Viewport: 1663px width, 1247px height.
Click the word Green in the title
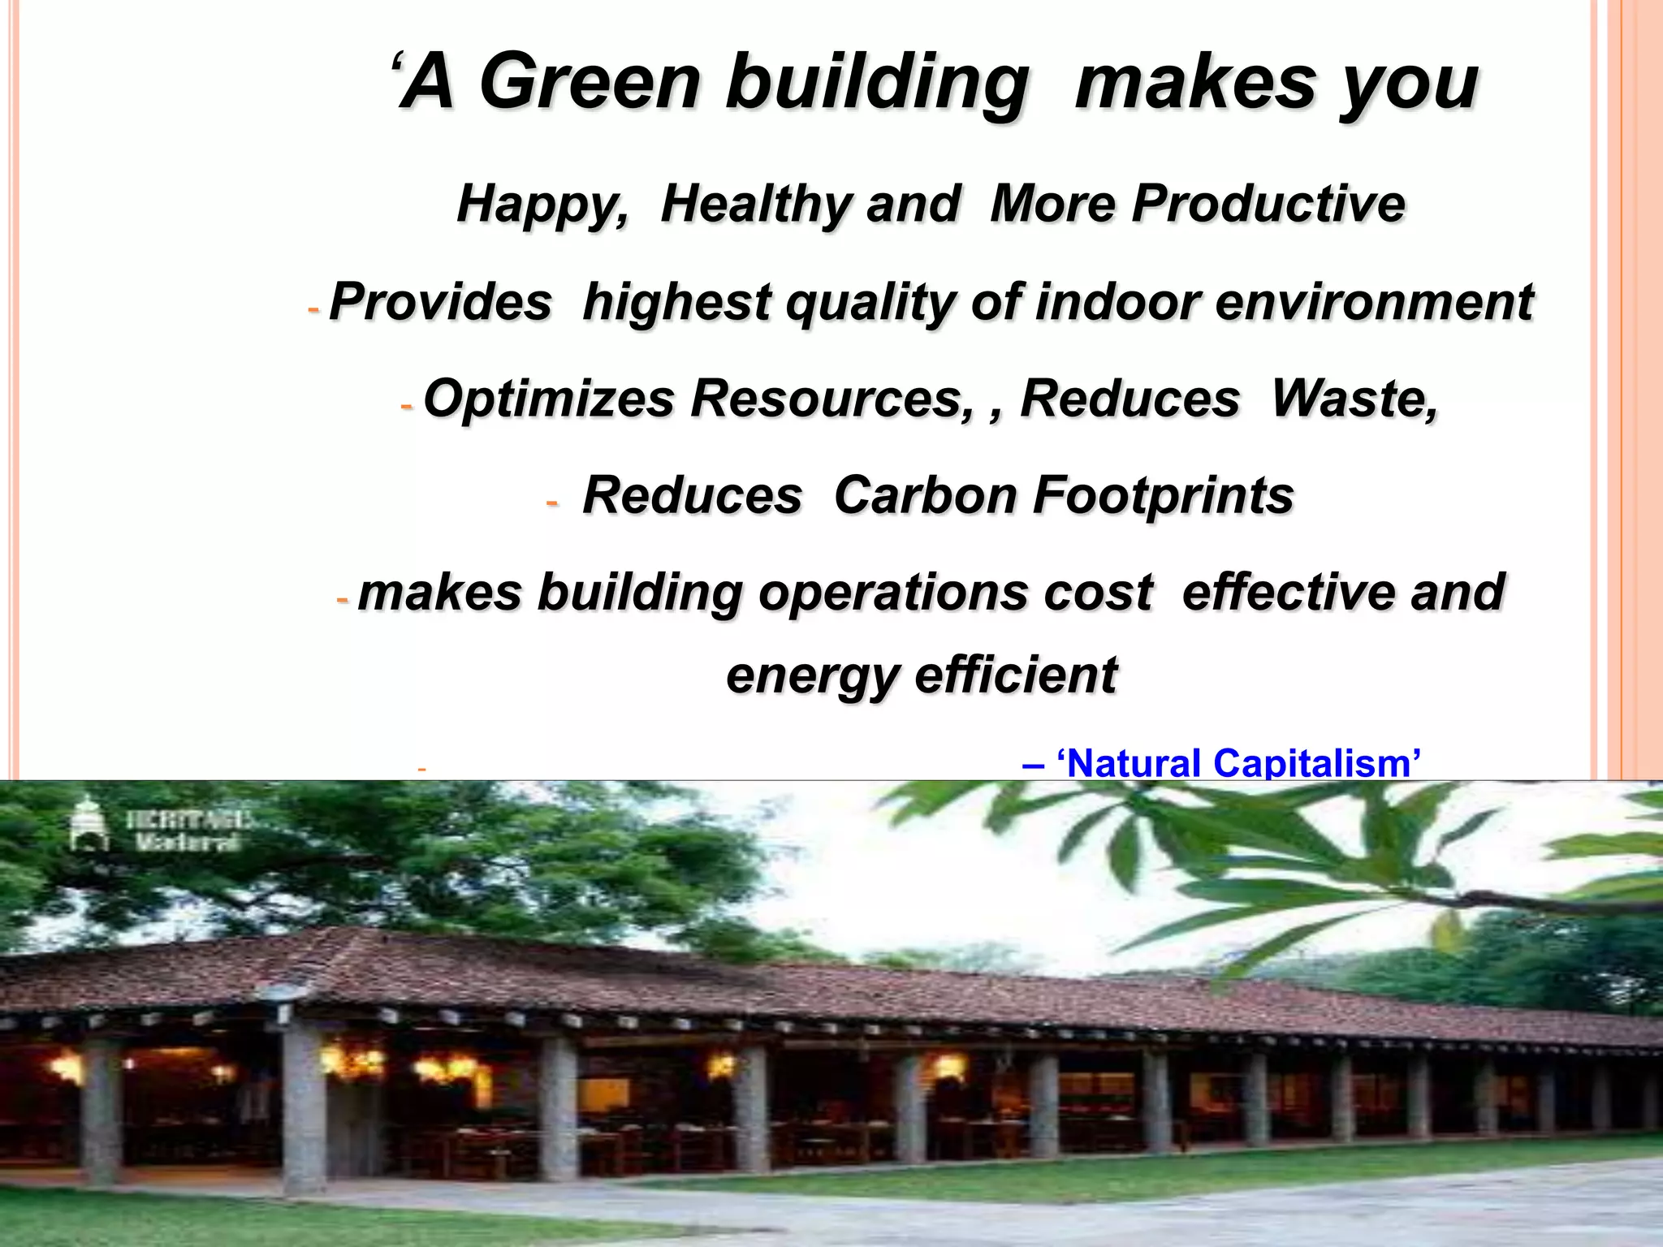(590, 82)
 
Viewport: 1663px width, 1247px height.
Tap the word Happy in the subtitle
(542, 204)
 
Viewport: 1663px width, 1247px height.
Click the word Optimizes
(549, 399)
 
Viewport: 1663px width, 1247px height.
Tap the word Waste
(1353, 399)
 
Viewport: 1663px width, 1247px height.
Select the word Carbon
(925, 495)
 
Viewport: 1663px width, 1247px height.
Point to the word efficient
(1016, 675)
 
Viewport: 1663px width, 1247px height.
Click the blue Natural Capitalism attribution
(1222, 763)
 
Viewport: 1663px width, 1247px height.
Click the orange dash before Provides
(314, 310)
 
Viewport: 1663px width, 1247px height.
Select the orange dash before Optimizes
(407, 406)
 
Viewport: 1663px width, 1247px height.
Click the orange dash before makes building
(342, 601)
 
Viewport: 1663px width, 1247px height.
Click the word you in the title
(1410, 82)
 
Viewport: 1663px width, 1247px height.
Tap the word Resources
(831, 399)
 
